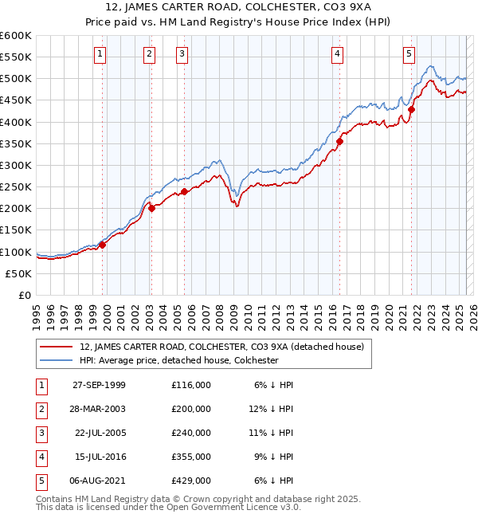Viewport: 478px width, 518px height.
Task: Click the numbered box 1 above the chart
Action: pos(100,54)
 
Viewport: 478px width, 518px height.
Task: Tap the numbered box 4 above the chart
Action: pos(338,54)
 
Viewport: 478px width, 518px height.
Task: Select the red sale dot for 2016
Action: pos(339,142)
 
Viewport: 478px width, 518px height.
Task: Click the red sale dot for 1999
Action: pos(103,245)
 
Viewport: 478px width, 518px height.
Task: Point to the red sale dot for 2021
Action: pos(412,109)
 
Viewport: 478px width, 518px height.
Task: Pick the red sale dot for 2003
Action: pos(152,209)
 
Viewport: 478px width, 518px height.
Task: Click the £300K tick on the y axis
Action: pos(16,165)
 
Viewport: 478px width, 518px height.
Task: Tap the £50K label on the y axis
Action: pos(19,273)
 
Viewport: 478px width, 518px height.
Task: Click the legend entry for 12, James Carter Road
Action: pos(221,347)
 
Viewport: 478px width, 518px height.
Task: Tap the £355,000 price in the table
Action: pos(191,457)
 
